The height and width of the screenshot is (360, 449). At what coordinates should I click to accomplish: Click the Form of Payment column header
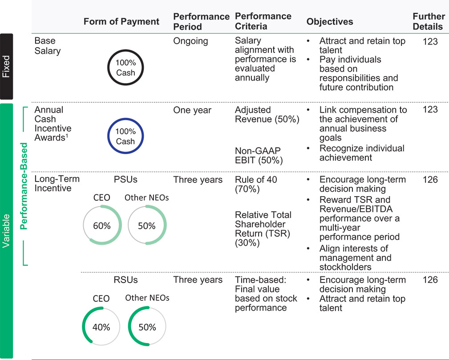[121, 21]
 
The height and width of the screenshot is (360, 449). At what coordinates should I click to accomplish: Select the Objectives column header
[330, 21]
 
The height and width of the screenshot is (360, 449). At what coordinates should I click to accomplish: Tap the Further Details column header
[429, 21]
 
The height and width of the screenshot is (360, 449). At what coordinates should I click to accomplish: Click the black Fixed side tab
[6, 66]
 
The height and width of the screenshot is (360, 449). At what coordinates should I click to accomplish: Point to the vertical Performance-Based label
[24, 186]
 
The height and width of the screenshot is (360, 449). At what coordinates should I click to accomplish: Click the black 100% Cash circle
[125, 50]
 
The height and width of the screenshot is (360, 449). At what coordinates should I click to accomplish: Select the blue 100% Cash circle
[125, 118]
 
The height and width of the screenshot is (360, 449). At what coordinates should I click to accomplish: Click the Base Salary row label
[48, 46]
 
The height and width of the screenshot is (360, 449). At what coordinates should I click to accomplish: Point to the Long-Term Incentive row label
[57, 184]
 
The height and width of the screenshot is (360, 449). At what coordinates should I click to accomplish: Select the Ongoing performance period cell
[190, 41]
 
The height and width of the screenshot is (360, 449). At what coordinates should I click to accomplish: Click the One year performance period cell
[192, 110]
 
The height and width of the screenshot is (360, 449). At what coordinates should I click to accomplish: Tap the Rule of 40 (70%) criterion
[256, 184]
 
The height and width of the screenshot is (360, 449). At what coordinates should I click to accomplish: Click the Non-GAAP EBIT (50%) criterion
[259, 155]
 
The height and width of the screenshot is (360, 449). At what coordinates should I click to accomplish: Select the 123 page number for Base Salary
[430, 41]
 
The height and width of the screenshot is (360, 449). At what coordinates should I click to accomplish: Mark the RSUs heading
[125, 279]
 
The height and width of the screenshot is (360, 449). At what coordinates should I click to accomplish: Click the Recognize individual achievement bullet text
[362, 153]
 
